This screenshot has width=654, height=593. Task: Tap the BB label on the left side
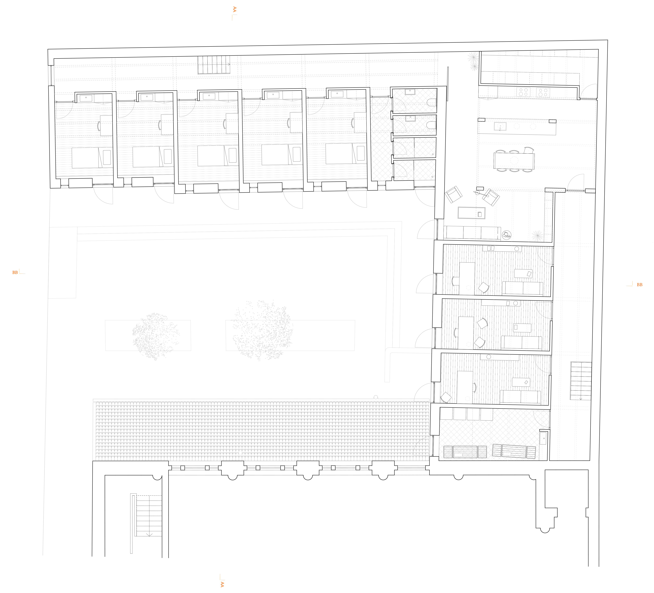pyautogui.click(x=15, y=272)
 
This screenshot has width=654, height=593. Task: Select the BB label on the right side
pyautogui.click(x=639, y=285)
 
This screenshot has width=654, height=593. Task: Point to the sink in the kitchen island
pyautogui.click(x=500, y=126)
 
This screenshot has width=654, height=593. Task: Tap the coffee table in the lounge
pyautogui.click(x=471, y=213)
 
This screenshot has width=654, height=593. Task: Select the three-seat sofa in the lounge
pyautogui.click(x=472, y=233)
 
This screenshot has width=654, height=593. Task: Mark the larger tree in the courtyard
pyautogui.click(x=263, y=330)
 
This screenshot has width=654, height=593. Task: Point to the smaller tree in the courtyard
pyautogui.click(x=155, y=336)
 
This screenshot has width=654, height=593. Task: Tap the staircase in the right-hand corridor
pyautogui.click(x=581, y=381)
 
